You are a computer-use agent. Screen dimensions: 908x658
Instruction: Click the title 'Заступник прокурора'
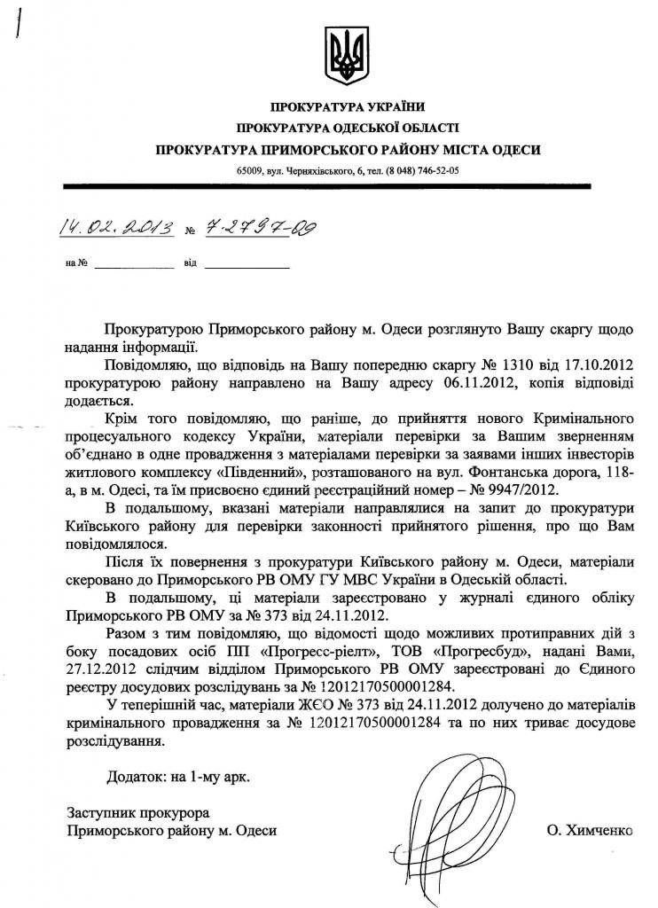pos(137,811)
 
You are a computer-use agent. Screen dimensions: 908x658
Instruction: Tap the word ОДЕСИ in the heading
pos(516,149)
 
